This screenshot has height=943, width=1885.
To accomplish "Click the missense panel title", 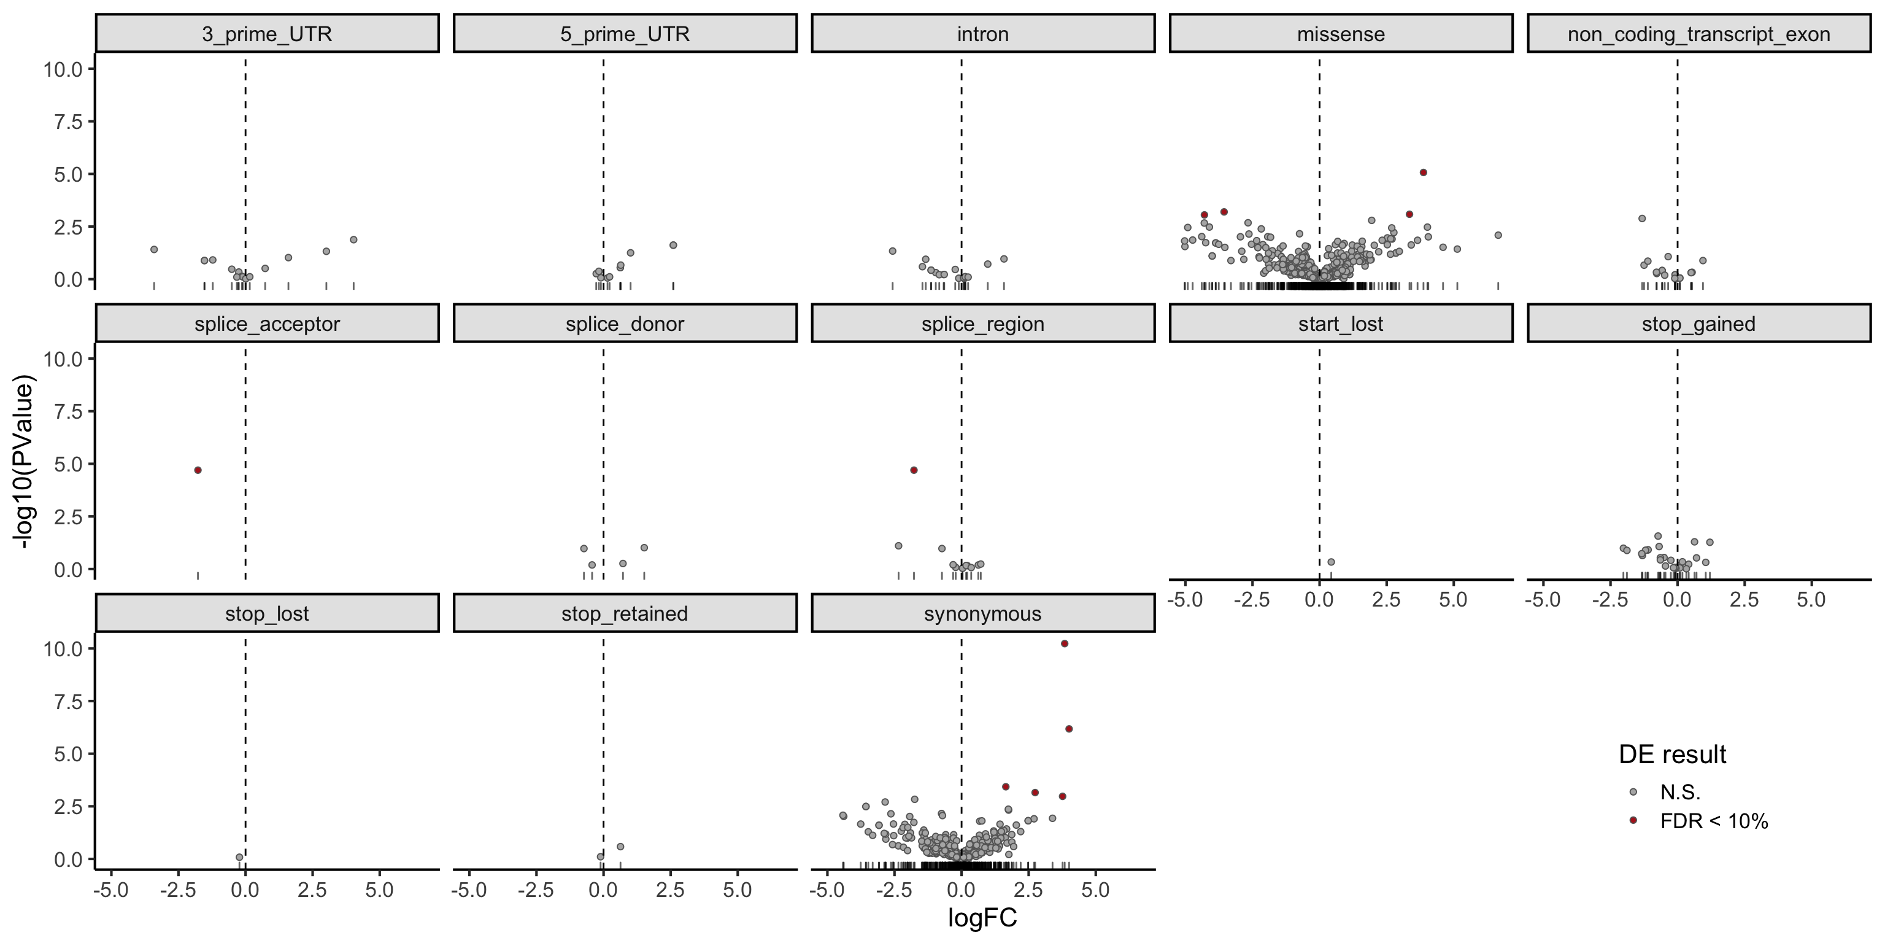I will (1341, 34).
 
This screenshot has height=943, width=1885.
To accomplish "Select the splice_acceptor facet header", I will (267, 324).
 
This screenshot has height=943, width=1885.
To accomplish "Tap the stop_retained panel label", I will (624, 613).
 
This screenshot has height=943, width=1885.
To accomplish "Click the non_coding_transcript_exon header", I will (1698, 34).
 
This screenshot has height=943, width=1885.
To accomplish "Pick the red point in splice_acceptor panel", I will (198, 470).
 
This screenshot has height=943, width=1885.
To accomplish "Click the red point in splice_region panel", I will (914, 470).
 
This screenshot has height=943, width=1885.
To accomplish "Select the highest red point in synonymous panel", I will (1065, 643).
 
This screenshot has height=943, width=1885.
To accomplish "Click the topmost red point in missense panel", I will (1424, 173).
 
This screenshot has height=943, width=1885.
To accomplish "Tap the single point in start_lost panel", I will (1331, 562).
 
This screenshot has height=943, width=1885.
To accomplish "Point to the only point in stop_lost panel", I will (239, 856).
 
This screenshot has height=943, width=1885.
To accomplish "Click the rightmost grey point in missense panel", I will (1498, 235).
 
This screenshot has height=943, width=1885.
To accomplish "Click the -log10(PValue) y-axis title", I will (25, 462).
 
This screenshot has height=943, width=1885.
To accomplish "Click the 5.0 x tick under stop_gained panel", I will (1811, 600).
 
